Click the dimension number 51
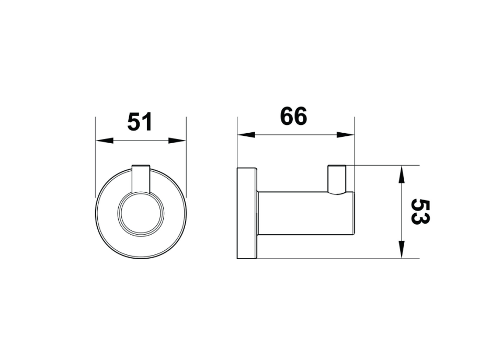[x=140, y=122]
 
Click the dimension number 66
[x=293, y=116]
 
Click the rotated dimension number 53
[x=420, y=212]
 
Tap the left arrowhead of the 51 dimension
[x=105, y=141]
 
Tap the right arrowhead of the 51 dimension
[x=177, y=141]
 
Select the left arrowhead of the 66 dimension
[x=246, y=135]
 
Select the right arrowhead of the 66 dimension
[x=346, y=135]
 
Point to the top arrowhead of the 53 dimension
[x=402, y=175]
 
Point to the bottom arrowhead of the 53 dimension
[x=402, y=249]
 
